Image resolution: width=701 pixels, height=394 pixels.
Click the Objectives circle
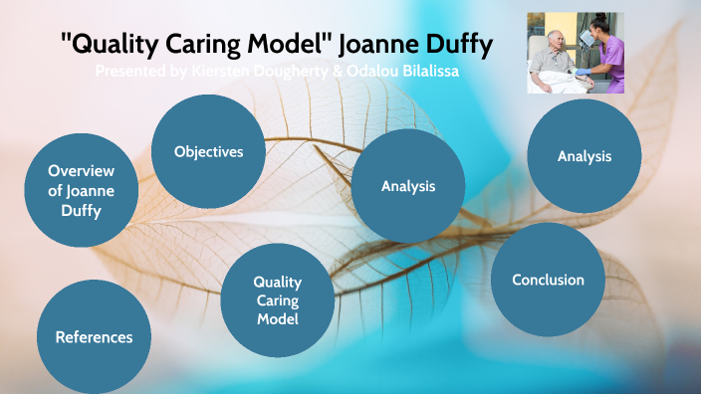coord(208,151)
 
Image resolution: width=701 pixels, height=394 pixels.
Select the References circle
coord(94,337)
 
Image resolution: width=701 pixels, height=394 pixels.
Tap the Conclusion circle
coord(548,280)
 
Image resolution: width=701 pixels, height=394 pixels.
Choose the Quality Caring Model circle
coord(277,300)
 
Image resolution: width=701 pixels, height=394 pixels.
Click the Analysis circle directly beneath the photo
coord(584,156)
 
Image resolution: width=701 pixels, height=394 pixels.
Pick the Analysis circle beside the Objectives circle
coord(408,186)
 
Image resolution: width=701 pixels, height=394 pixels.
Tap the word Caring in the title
coord(208,45)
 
